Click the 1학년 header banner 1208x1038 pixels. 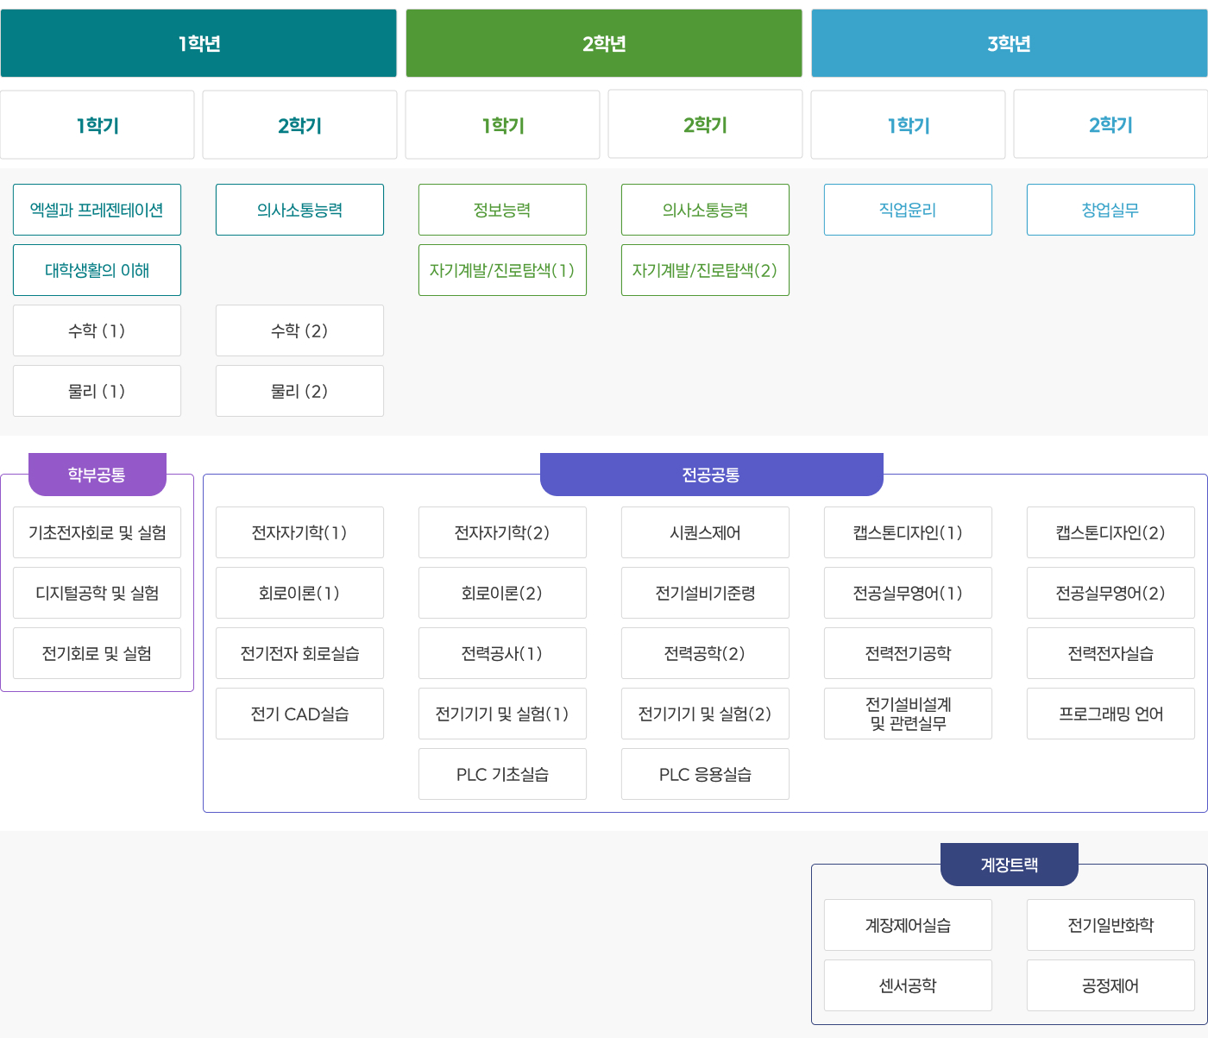[x=198, y=43]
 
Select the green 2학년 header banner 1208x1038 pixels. [x=604, y=43]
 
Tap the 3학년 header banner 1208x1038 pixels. [x=1010, y=43]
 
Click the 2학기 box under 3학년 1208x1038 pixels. [x=1110, y=124]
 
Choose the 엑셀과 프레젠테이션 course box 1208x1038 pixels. [x=97, y=210]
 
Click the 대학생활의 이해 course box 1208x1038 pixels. [x=97, y=270]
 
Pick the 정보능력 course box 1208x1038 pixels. [x=502, y=210]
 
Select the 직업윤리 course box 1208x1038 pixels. [x=909, y=210]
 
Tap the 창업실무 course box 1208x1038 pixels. [x=1111, y=210]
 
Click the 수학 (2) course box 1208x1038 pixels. [x=299, y=330]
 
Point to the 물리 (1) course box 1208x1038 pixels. [x=97, y=391]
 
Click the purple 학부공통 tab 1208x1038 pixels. [x=98, y=474]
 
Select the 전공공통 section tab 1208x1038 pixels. [x=712, y=474]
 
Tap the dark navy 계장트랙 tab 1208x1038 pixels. [x=1010, y=865]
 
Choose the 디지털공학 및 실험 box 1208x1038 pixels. [x=97, y=594]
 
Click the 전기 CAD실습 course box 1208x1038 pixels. [x=299, y=714]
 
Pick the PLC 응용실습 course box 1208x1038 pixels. [x=706, y=775]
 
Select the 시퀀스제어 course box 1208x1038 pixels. [x=706, y=532]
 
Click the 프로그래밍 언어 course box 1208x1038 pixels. [x=1111, y=714]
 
